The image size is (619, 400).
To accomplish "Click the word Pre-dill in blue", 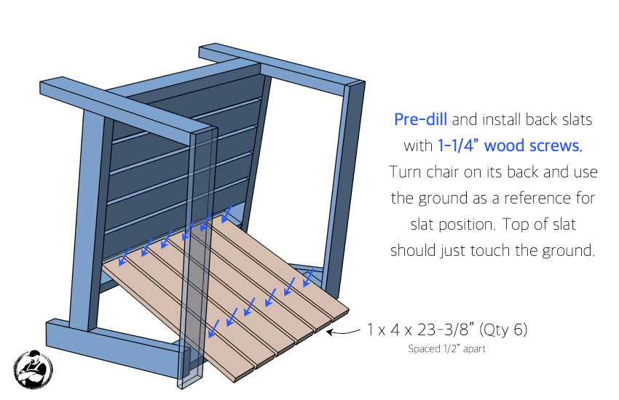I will [420, 119].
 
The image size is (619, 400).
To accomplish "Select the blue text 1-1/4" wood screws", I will [510, 145].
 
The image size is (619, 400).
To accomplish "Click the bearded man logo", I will [33, 369].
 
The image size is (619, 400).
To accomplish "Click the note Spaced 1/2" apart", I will [446, 348].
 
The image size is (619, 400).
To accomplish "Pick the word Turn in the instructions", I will [405, 172].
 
